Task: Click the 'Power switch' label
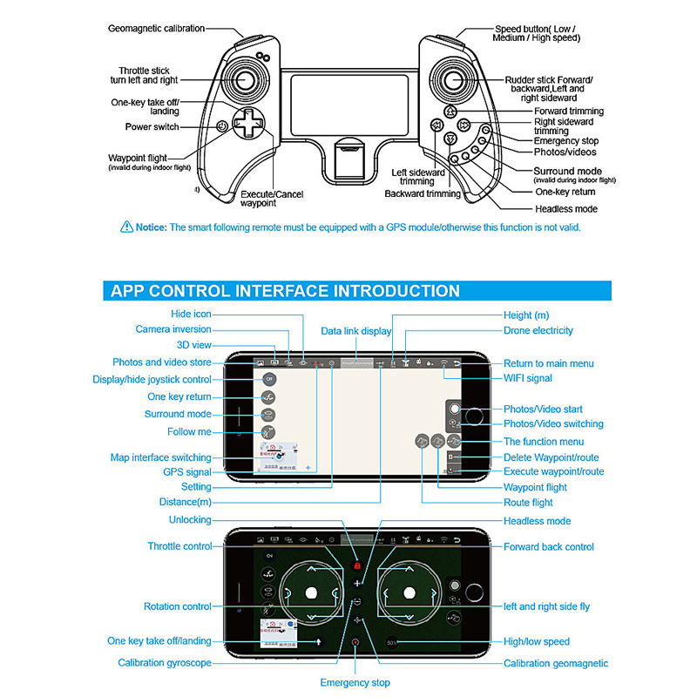(x=152, y=127)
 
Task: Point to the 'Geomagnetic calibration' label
(x=156, y=28)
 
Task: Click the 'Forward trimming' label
(x=569, y=112)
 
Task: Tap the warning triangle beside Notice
(x=126, y=227)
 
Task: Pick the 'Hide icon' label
(x=191, y=314)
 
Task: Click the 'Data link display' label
(x=355, y=331)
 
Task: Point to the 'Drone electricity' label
(x=538, y=330)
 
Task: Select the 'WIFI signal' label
(x=527, y=378)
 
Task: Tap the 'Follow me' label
(x=189, y=431)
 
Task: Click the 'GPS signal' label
(x=186, y=472)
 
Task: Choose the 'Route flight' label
(x=528, y=503)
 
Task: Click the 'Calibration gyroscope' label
(x=165, y=663)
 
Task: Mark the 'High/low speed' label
(x=537, y=641)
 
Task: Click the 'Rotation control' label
(x=177, y=606)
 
